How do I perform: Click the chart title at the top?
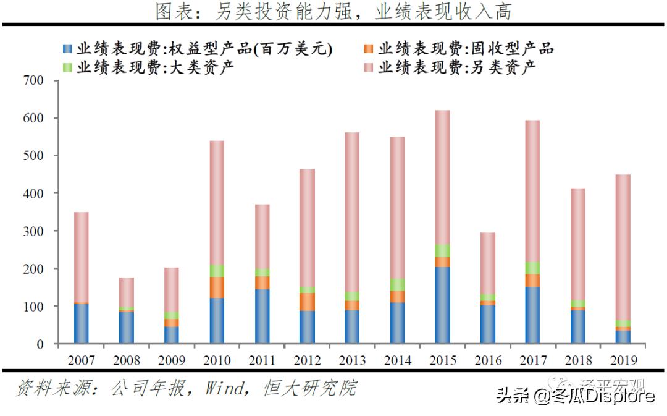click(x=333, y=12)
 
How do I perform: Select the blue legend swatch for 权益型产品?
click(x=67, y=49)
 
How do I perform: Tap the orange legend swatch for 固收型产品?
click(x=369, y=49)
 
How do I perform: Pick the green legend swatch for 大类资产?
click(x=67, y=67)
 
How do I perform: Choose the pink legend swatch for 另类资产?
click(x=369, y=67)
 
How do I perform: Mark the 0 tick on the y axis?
click(x=40, y=344)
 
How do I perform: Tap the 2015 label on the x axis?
click(x=442, y=360)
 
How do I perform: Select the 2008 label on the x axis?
click(x=127, y=360)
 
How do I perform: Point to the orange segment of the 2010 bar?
click(x=217, y=287)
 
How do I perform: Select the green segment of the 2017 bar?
click(x=532, y=268)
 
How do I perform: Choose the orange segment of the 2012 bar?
click(x=307, y=302)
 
